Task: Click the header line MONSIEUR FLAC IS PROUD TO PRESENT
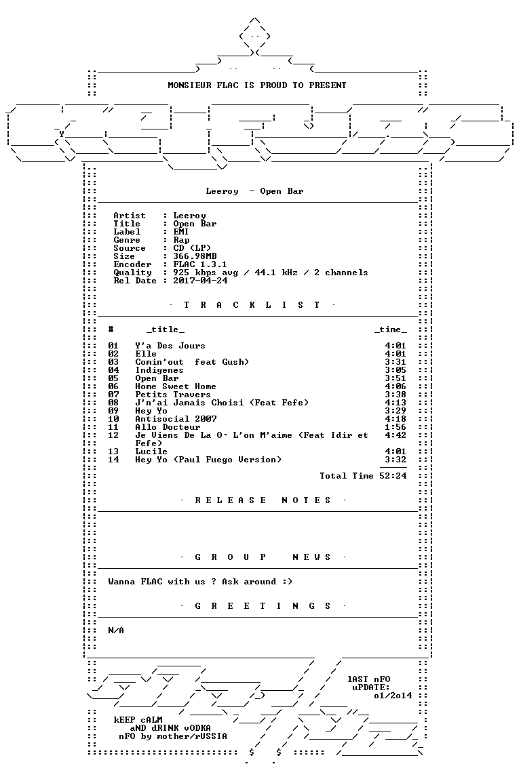pyautogui.click(x=256, y=85)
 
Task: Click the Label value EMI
pyautogui.click(x=181, y=232)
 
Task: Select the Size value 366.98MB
pyautogui.click(x=195, y=256)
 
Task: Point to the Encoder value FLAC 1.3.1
pyautogui.click(x=200, y=264)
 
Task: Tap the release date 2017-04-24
pyautogui.click(x=200, y=281)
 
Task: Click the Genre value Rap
pyautogui.click(x=182, y=240)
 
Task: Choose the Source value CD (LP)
pyautogui.click(x=193, y=248)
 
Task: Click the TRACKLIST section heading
pyautogui.click(x=252, y=305)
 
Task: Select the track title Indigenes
pyautogui.click(x=159, y=370)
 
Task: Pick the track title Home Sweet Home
pyautogui.click(x=176, y=386)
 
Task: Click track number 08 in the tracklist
pyautogui.click(x=113, y=403)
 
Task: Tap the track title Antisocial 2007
pyautogui.click(x=176, y=419)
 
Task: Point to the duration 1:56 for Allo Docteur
pyautogui.click(x=395, y=427)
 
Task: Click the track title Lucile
pyautogui.click(x=151, y=452)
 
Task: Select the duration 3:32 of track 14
pyautogui.click(x=395, y=460)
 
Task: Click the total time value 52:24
pyautogui.click(x=393, y=476)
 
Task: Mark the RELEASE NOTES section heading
pyautogui.click(x=263, y=500)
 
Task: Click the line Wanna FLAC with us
pyautogui.click(x=200, y=581)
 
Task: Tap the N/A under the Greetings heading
pyautogui.click(x=116, y=630)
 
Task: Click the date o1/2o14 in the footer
pyautogui.click(x=393, y=696)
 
